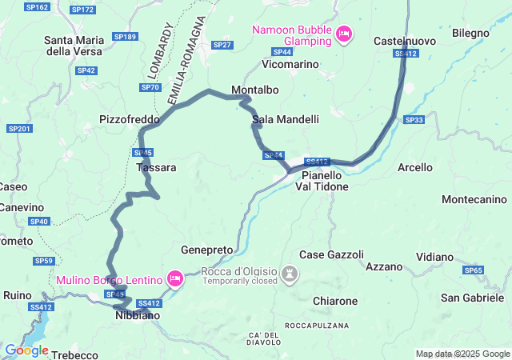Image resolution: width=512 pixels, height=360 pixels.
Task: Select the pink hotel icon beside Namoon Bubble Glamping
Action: [344, 34]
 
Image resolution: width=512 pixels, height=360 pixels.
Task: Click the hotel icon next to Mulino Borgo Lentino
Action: [174, 279]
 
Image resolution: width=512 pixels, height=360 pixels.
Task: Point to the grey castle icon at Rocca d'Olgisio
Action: [290, 276]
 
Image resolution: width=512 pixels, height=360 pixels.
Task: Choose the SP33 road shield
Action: [414, 120]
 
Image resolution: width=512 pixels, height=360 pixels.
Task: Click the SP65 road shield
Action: [474, 270]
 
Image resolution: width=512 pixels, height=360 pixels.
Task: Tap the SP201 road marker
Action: [18, 129]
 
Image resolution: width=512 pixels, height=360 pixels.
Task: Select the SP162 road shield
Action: [37, 7]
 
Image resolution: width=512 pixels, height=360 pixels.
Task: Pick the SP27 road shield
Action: [222, 45]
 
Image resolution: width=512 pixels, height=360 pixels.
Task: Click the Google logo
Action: [26, 350]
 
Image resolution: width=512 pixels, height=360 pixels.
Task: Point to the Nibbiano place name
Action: [133, 316]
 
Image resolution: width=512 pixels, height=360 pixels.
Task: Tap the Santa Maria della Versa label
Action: [78, 46]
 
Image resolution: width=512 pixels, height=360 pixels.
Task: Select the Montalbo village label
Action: [254, 89]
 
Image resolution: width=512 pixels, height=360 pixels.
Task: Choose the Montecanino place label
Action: [474, 199]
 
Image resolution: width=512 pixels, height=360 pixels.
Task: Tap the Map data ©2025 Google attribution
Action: [462, 354]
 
